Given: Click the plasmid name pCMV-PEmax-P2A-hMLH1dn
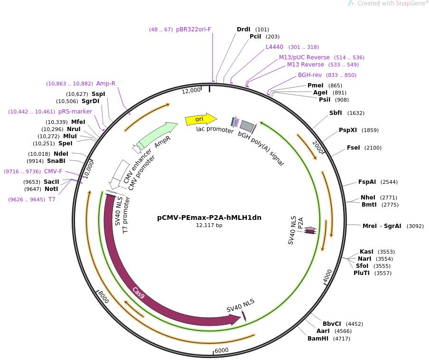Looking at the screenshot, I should coord(209,218).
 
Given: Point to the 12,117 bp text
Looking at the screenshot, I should coord(209,225).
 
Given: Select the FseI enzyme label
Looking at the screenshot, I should coord(354,148).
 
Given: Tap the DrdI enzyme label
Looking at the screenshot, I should coord(243,29).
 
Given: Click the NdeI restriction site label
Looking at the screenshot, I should coord(61,154).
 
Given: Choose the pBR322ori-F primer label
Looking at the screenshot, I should coord(194,29).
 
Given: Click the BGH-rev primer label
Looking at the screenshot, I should coord(310,75).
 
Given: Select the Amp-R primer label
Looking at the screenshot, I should coord(106,84).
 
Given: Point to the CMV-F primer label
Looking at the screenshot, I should coord(53,171).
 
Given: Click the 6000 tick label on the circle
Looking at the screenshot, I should coord(222,351).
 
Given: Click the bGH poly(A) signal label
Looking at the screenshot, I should coord(261,149).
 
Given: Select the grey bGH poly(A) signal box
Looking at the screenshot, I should coord(247,125).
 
